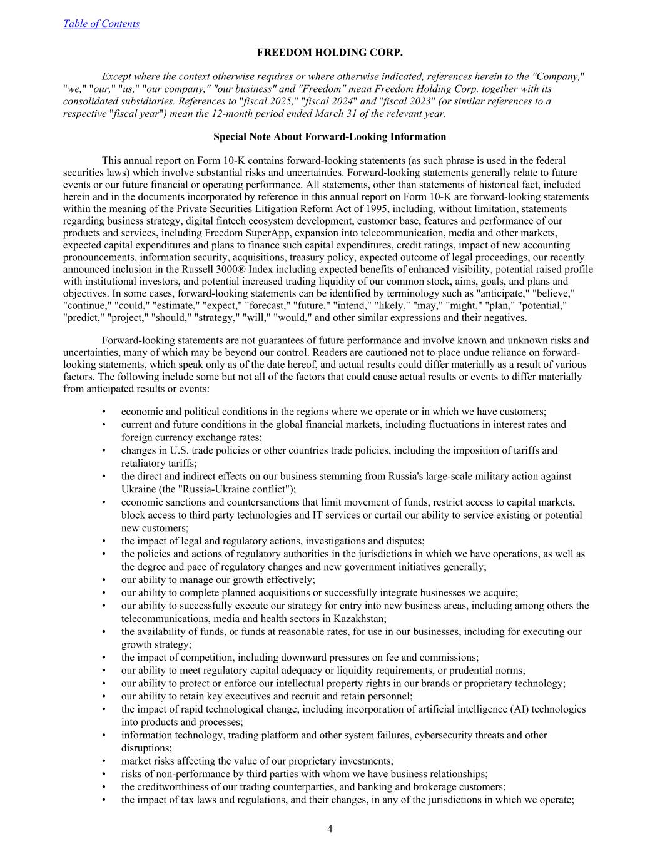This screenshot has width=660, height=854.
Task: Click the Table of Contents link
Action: tap(101, 24)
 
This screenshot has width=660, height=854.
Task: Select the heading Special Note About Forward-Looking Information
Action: tap(330, 136)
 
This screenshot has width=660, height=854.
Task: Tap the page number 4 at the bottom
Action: tap(330, 829)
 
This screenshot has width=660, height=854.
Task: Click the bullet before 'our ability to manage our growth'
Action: tap(104, 580)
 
